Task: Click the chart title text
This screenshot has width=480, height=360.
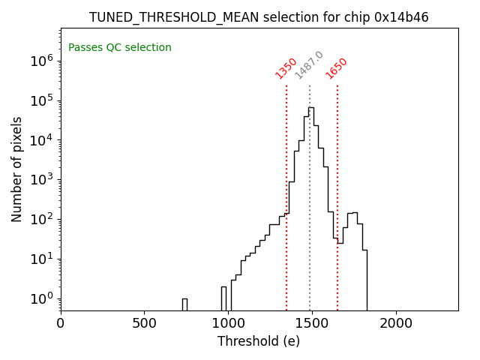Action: point(259,17)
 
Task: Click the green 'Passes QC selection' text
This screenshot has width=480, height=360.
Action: point(120,47)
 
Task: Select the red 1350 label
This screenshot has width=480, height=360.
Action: point(286,68)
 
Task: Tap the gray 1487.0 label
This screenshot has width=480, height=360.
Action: point(309,65)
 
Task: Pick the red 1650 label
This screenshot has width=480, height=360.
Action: point(337,68)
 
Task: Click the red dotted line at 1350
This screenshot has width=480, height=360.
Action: point(286,187)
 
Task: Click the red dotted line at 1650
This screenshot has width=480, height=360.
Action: point(337,187)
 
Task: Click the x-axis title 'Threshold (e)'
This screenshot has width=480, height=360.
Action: point(259,341)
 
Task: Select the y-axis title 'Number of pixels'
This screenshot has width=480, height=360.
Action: point(17,169)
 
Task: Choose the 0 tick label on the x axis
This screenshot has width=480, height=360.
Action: point(61,323)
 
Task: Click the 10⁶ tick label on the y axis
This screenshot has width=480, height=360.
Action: point(40,61)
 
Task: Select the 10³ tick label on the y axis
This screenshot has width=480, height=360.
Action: point(40,180)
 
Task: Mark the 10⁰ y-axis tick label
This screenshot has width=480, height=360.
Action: point(40,298)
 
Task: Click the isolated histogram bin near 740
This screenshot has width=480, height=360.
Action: point(184,304)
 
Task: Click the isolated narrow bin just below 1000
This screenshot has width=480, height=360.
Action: point(223,298)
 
